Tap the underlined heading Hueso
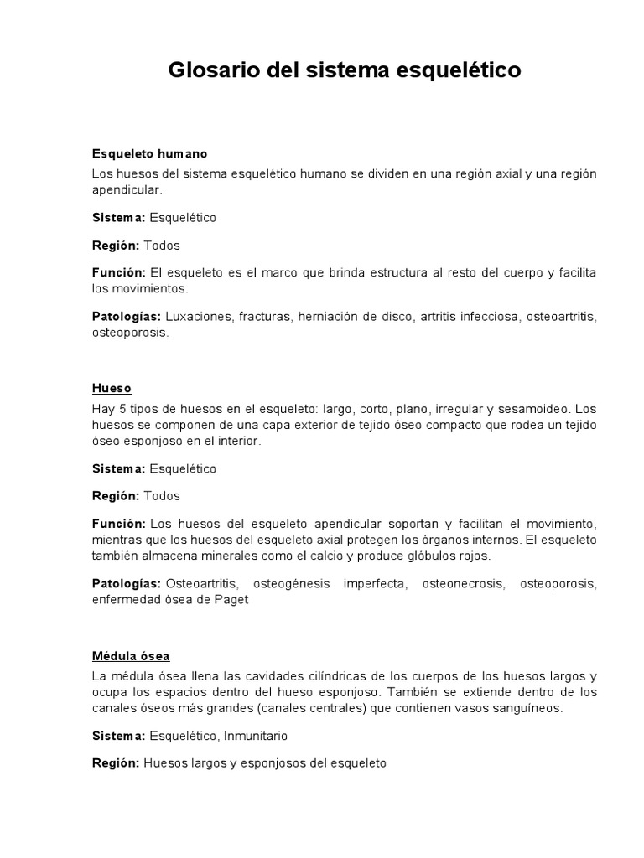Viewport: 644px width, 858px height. click(112, 389)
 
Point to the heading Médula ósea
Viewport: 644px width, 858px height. click(131, 655)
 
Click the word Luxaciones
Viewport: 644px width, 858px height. click(199, 317)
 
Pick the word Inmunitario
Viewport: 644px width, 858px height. click(255, 736)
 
